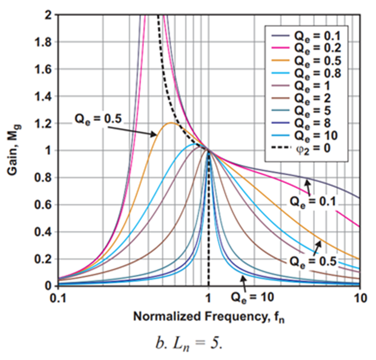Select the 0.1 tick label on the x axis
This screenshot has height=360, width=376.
58,298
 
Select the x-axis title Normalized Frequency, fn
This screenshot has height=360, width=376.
209,317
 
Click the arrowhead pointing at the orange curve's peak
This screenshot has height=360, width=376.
155,135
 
